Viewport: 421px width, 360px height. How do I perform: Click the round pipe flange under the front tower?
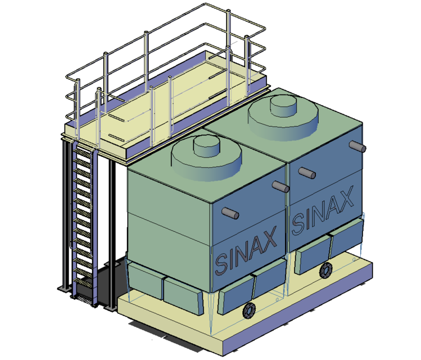248,311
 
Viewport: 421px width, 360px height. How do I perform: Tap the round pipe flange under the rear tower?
326,271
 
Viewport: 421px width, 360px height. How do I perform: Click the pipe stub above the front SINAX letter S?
229,213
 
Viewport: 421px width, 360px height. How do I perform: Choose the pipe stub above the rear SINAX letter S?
306,172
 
